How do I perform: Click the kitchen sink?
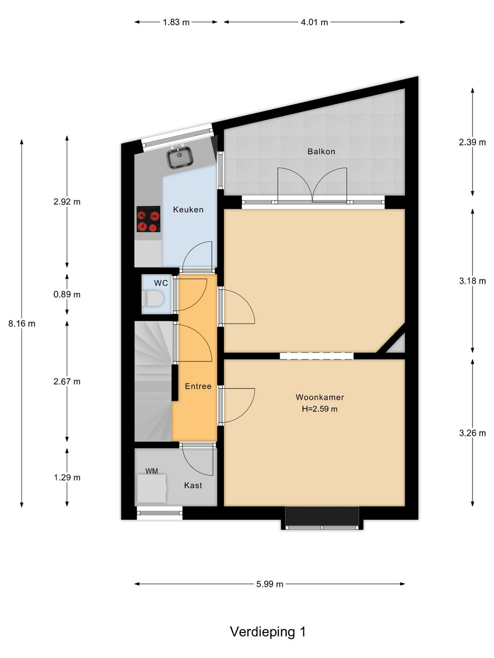[179, 157]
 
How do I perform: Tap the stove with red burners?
[148, 219]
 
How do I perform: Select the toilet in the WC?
[153, 299]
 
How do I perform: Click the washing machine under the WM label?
[151, 488]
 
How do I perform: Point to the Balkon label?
[321, 151]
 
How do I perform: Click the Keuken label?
[189, 210]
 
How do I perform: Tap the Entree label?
[198, 386]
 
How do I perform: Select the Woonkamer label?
[320, 397]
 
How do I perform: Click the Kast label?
[193, 485]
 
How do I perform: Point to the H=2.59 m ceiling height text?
[320, 409]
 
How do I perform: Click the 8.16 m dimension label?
[22, 324]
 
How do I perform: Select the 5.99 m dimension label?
[270, 584]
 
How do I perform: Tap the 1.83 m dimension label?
[176, 22]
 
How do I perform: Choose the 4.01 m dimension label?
[315, 22]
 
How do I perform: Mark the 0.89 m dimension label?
[67, 294]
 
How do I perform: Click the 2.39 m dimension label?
[472, 142]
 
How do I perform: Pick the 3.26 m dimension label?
[473, 433]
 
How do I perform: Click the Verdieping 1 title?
[268, 632]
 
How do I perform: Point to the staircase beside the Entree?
[153, 381]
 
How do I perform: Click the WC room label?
[161, 283]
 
